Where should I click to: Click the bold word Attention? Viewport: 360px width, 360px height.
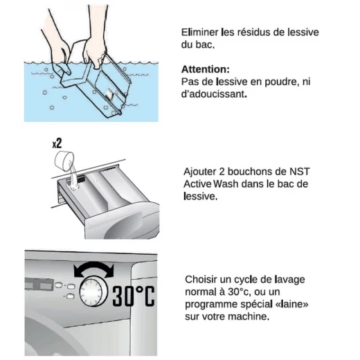pyautogui.click(x=206, y=69)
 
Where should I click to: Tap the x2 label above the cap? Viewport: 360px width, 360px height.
pyautogui.click(x=57, y=143)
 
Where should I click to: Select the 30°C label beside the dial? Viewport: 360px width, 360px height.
pyautogui.click(x=134, y=296)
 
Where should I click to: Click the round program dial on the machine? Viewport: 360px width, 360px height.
pyautogui.click(x=93, y=292)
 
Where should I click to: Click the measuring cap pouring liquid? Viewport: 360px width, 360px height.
pyautogui.click(x=64, y=161)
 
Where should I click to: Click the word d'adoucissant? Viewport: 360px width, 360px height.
pyautogui.click(x=214, y=94)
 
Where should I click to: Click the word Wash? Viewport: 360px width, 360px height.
pyautogui.click(x=226, y=184)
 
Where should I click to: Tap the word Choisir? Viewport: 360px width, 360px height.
pyautogui.click(x=201, y=280)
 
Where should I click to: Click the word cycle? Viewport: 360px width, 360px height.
pyautogui.click(x=244, y=280)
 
